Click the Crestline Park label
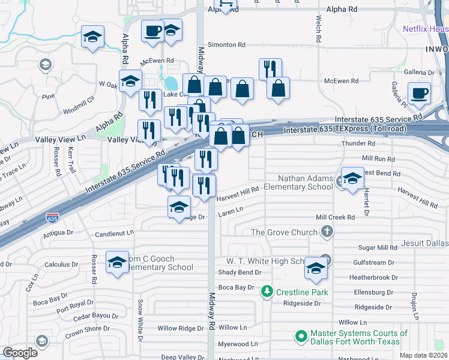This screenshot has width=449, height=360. click(298, 292)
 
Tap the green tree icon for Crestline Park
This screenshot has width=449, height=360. click(267, 292)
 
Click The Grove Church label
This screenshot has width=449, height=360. click(285, 232)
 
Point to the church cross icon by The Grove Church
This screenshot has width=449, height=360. click(327, 231)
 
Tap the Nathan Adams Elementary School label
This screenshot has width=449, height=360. click(304, 182)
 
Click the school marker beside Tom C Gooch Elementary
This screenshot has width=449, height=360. click(118, 262)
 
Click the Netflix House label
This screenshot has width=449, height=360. click(425, 29)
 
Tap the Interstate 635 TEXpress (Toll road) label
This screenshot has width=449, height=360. click(345, 130)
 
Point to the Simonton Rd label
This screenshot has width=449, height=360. click(226, 45)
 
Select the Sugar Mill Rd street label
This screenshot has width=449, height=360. click(378, 247)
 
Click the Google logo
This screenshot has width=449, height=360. click(20, 353)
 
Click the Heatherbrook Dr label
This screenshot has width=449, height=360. click(373, 278)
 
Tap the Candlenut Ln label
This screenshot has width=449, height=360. click(114, 233)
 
